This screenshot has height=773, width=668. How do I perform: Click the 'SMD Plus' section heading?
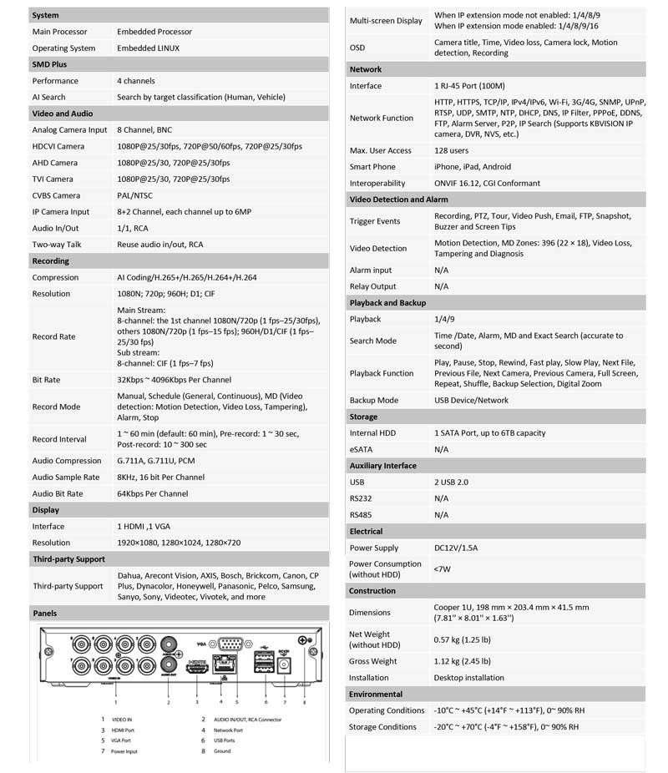pos(49,64)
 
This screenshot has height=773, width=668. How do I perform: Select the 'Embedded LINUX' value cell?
pos(148,48)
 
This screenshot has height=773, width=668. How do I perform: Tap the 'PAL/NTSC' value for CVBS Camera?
pos(136,195)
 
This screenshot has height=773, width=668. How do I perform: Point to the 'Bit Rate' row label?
pos(46,380)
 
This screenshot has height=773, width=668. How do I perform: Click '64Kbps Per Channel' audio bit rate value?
pos(152,493)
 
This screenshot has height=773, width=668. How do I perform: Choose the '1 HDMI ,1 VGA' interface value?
pos(144,527)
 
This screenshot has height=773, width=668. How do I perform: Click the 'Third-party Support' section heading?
pos(68,558)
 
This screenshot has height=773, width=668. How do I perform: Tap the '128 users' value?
pos(451,150)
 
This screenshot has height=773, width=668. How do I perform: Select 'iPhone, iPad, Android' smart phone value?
pos(473,167)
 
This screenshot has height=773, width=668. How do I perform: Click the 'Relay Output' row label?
pos(372,286)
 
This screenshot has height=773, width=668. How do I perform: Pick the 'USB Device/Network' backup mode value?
pos(471,400)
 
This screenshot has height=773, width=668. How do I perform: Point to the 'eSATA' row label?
pos(362,449)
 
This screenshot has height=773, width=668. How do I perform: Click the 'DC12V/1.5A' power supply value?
pos(456,548)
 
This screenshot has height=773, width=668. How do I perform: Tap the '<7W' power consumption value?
pos(441,569)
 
